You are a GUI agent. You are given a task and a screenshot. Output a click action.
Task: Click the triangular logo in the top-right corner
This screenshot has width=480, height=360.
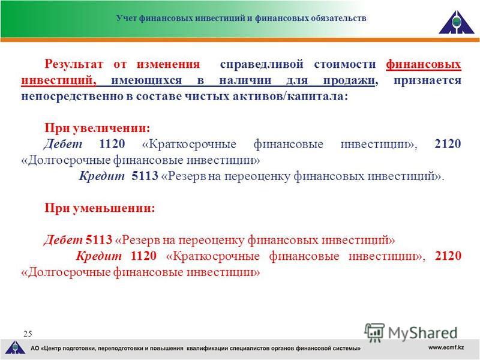pos(456,22)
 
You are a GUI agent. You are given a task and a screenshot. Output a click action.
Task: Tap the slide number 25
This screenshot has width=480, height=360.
pos(28,334)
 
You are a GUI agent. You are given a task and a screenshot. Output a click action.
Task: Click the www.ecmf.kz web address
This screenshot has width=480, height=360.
pos(446,347)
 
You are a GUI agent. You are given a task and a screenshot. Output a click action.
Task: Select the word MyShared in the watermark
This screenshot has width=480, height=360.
pos(423,333)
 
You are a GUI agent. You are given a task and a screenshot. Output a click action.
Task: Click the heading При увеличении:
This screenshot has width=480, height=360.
pos(97,128)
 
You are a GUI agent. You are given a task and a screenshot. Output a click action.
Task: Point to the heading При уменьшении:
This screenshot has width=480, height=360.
pos(100,208)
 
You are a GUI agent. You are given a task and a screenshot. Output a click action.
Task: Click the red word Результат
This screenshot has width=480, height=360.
pos(74,64)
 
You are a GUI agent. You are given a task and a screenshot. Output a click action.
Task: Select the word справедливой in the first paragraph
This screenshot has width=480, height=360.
pos(262,65)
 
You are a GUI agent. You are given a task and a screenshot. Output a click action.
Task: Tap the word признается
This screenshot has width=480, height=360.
pos(427,81)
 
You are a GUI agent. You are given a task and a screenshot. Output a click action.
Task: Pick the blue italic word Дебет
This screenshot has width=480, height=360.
pos(63,144)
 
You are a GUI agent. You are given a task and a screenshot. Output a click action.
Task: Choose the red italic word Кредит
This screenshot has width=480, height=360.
pos(98,256)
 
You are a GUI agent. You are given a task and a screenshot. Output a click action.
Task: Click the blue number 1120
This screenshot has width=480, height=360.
pos(112,144)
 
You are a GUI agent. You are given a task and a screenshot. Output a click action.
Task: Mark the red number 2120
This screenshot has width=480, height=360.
pos(448,256)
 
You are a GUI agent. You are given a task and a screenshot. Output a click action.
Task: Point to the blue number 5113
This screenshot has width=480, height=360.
pos(145,176)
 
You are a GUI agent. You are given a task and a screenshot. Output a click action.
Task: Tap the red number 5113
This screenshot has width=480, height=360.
pos(99,239)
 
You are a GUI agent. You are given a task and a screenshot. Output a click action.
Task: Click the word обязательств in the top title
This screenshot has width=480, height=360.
pos(338,18)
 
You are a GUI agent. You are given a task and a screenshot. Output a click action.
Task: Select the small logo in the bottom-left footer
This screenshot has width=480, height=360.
pos(15,348)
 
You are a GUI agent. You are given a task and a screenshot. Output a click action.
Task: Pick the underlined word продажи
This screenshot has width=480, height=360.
pos(349,81)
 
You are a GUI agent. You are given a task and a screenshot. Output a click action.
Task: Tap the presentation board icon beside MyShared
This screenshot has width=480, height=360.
pos(374,332)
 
